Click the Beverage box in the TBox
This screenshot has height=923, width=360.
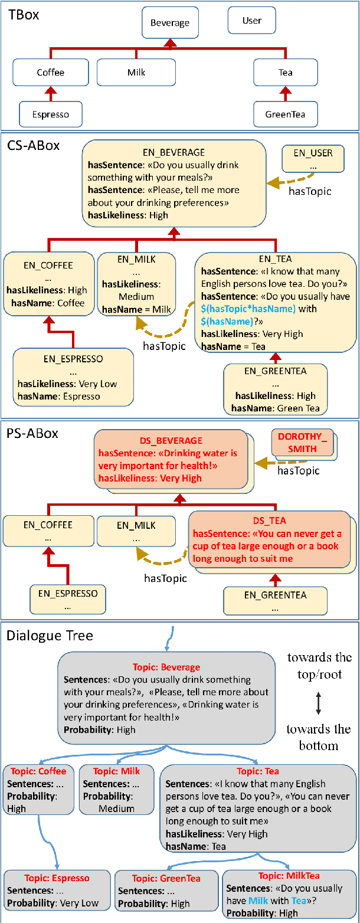(x=170, y=24)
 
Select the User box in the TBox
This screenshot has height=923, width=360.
(x=251, y=21)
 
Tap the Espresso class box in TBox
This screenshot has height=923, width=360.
(x=50, y=114)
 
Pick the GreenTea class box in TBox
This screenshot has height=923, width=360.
(x=286, y=114)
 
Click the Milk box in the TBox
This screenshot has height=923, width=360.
(x=136, y=73)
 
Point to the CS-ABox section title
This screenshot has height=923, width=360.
(x=34, y=145)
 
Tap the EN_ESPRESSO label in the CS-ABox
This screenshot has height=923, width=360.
(x=73, y=358)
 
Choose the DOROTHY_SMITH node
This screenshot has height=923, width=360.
(x=302, y=443)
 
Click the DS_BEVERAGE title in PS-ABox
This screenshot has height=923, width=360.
(x=171, y=441)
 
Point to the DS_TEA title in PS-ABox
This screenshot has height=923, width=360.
(x=269, y=521)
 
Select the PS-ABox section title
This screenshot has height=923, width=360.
(x=33, y=433)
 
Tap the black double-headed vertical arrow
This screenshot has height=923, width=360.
(x=319, y=702)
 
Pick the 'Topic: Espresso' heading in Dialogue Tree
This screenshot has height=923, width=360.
(x=57, y=878)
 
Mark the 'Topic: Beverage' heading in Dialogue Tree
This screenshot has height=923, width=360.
(x=166, y=667)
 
